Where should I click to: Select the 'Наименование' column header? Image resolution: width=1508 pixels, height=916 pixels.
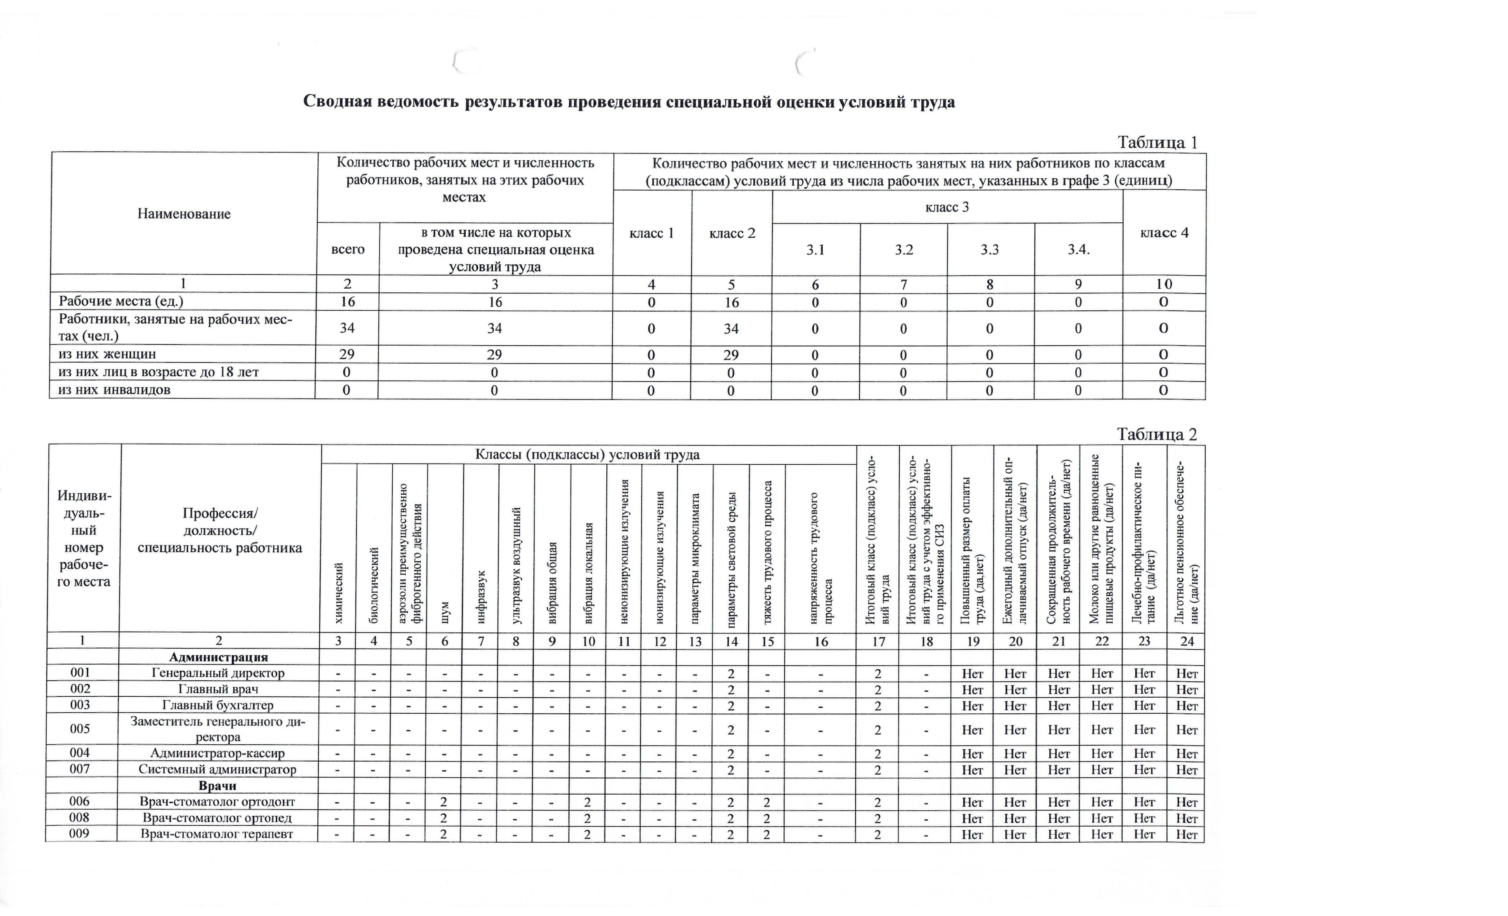(184, 214)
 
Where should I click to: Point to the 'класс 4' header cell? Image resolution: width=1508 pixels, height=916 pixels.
(1164, 233)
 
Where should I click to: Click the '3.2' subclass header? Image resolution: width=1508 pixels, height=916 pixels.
(903, 250)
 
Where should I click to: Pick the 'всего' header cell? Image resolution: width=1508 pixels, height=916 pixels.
(348, 249)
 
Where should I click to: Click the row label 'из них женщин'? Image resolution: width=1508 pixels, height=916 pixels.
(107, 354)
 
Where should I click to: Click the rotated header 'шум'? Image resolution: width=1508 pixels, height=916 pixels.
(445, 612)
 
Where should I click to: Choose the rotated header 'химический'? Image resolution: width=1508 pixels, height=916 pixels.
(339, 593)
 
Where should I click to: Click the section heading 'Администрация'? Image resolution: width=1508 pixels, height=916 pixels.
(218, 657)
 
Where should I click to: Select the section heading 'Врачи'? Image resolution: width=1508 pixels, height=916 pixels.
(217, 786)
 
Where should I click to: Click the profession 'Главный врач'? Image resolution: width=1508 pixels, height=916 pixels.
(217, 689)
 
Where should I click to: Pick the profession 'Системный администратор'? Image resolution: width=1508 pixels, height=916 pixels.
(217, 769)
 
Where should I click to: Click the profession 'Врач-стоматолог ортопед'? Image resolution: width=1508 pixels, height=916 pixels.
(217, 818)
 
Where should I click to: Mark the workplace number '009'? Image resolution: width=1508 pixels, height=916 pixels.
(80, 834)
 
